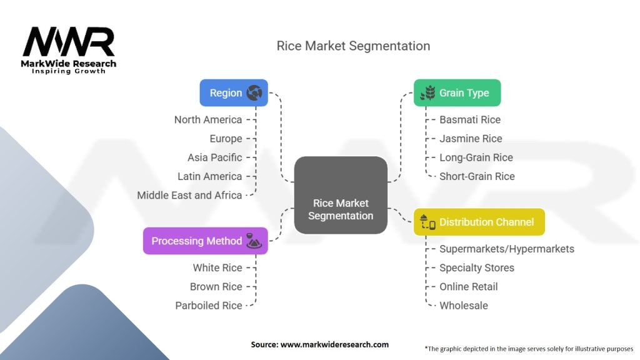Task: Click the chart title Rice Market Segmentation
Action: pos(353,46)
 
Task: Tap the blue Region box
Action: pos(233,92)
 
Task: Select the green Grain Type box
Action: pos(457,92)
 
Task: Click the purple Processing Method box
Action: pos(205,241)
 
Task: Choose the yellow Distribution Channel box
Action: pos(479,222)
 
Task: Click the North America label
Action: pos(208,119)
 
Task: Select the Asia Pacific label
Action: pos(214,157)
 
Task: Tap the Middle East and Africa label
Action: pos(189,195)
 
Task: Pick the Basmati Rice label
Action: pos(470,119)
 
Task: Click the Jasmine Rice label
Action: pos(471,138)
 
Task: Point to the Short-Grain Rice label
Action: pos(477,176)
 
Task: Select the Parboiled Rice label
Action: pos(208,306)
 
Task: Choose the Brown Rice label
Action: pos(216,286)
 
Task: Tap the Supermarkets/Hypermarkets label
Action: pos(506,249)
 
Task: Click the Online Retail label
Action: pos(469,286)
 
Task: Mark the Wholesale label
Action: pos(464,306)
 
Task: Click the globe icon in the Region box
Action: pos(254,93)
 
